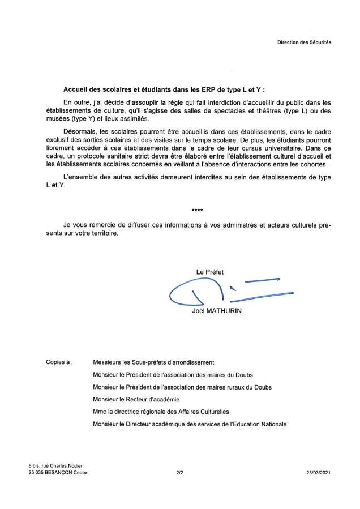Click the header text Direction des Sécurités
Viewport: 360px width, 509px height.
304,42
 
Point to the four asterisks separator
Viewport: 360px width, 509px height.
198,211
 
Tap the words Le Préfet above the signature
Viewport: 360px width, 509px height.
209,272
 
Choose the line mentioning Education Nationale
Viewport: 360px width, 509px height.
190,424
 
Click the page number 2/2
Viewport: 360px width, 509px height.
179,472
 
